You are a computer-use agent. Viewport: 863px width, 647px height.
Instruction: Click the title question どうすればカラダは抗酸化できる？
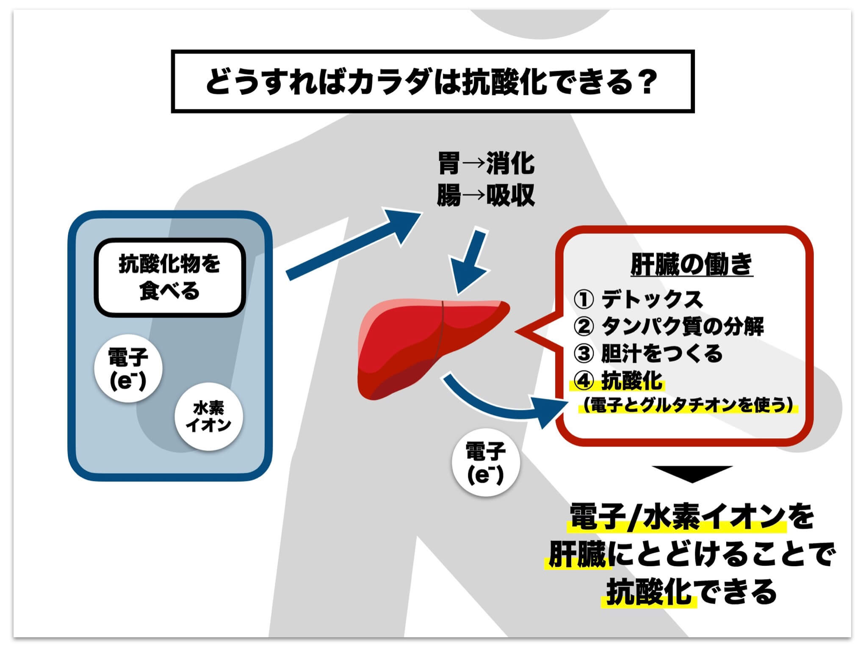(432, 82)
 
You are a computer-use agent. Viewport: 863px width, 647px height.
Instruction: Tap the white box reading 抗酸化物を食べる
(169, 278)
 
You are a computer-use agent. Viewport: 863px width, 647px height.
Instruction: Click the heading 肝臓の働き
(691, 265)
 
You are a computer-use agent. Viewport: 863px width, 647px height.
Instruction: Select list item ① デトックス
(639, 299)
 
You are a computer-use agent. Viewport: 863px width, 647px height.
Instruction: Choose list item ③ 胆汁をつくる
(648, 354)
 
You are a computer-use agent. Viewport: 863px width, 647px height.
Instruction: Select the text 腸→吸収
(486, 196)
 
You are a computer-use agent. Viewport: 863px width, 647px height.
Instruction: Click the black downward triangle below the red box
(692, 473)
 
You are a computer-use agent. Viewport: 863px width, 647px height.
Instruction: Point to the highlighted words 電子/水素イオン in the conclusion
(677, 517)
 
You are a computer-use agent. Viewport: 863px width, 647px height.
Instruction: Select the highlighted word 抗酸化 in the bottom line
(649, 592)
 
